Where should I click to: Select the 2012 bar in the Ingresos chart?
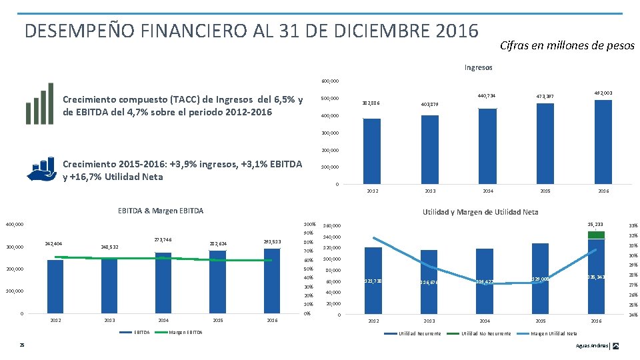(372, 151)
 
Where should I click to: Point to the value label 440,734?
(487, 97)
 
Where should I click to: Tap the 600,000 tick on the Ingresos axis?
(330, 81)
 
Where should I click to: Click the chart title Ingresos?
(479, 67)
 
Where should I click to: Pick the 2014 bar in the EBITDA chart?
(163, 283)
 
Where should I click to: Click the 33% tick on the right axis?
(633, 225)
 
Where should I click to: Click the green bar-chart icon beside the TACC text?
(39, 103)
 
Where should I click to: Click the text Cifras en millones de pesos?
(567, 46)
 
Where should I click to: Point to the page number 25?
(22, 345)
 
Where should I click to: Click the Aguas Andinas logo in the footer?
(615, 345)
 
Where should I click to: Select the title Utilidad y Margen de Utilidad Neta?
(481, 212)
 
